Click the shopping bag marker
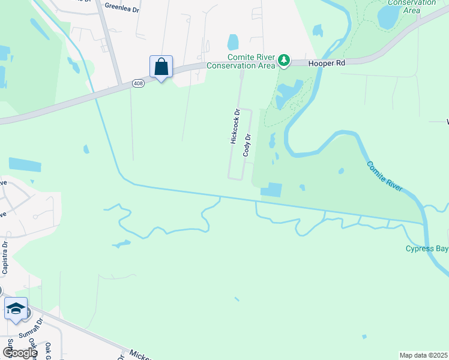pyautogui.click(x=161, y=66)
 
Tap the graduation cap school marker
pyautogui.click(x=16, y=308)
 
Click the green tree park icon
pyautogui.click(x=284, y=60)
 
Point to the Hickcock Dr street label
pyautogui.click(x=235, y=126)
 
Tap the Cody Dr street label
pyautogui.click(x=246, y=145)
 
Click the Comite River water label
pyautogui.click(x=384, y=176)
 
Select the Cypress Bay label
pyautogui.click(x=426, y=248)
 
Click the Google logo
pyautogui.click(x=20, y=353)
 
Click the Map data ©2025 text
pyautogui.click(x=423, y=355)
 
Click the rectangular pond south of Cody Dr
pyautogui.click(x=271, y=189)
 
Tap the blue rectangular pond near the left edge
pyautogui.click(x=25, y=165)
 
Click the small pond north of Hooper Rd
pyautogui.click(x=233, y=42)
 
